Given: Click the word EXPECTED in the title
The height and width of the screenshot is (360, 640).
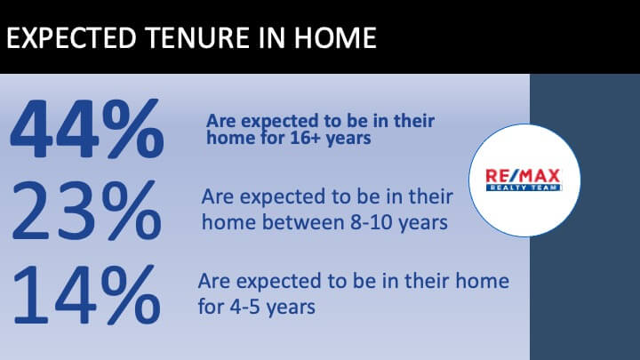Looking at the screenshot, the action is [71, 37].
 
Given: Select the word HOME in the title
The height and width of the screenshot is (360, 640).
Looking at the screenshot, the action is [335, 37].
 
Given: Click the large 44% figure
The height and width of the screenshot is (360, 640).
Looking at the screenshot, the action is [87, 129].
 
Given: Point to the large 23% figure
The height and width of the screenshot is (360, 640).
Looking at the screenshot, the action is [87, 210].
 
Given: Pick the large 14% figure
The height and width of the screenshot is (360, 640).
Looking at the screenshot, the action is [87, 294].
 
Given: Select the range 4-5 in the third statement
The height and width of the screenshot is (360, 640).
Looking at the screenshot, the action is [244, 307].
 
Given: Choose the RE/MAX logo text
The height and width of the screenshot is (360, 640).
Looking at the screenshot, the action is [523, 176].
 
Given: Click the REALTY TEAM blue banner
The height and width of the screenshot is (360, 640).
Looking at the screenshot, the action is [524, 188].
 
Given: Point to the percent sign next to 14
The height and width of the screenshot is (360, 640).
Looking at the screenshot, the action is [131, 294].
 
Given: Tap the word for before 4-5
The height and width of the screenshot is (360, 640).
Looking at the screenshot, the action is [211, 306].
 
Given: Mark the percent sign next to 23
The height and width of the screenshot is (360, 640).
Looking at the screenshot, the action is [132, 210].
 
